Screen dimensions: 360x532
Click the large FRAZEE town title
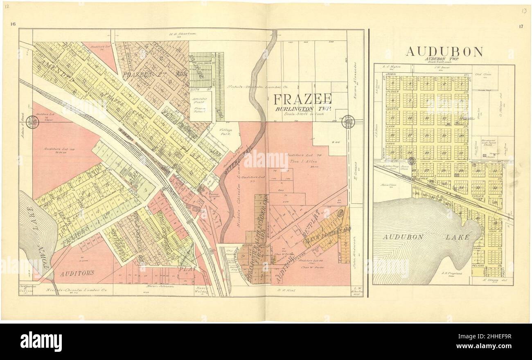(x=302, y=99)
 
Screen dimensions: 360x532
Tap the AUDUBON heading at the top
(x=444, y=52)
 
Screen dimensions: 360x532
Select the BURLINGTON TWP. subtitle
(x=302, y=109)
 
